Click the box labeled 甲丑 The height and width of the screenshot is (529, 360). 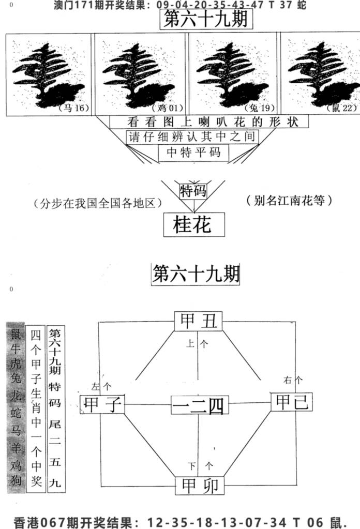pyautogui.click(x=199, y=321)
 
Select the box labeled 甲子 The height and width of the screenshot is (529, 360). pyautogui.click(x=102, y=404)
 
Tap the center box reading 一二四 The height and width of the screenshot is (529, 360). pyautogui.click(x=200, y=405)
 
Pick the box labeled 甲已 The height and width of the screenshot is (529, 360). pyautogui.click(x=292, y=402)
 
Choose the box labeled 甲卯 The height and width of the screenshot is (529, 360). pyautogui.click(x=200, y=486)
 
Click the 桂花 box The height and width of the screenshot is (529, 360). pyautogui.click(x=194, y=224)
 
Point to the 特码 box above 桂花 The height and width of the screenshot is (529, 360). pyautogui.click(x=193, y=191)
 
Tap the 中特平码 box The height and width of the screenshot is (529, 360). pyautogui.click(x=193, y=153)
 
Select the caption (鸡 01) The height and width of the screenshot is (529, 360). pyautogui.click(x=168, y=108)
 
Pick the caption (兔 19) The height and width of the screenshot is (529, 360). pyautogui.click(x=260, y=108)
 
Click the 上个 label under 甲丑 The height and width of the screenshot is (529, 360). pyautogui.click(x=197, y=344)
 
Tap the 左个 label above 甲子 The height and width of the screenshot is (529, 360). pyautogui.click(x=101, y=386)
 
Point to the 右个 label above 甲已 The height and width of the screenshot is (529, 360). pyautogui.click(x=293, y=380)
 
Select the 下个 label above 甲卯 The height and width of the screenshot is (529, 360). pyautogui.click(x=200, y=466)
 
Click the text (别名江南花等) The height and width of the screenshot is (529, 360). pyautogui.click(x=289, y=201)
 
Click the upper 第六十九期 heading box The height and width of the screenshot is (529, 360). pyautogui.click(x=206, y=19)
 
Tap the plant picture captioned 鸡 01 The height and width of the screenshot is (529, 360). pyautogui.click(x=140, y=74)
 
